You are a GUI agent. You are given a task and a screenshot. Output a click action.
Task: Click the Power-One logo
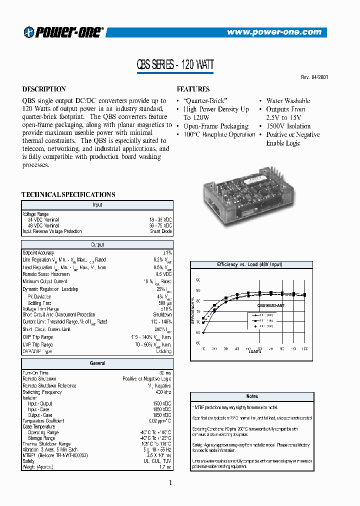[63, 31]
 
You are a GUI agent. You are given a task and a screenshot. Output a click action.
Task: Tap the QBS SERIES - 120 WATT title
[175, 64]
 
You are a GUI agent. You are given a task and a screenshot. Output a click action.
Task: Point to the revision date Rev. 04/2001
[314, 77]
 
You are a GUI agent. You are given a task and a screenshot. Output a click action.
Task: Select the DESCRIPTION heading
[44, 89]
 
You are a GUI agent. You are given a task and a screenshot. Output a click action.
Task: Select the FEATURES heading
[193, 89]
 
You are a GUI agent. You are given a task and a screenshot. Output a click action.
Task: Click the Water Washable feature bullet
[287, 100]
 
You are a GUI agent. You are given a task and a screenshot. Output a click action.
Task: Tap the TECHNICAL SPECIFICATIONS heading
[68, 194]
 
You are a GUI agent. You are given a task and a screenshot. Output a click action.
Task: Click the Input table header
[97, 204]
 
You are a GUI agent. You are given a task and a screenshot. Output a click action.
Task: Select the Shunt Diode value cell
[160, 231]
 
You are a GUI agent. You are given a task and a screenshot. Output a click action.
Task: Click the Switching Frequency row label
[42, 392]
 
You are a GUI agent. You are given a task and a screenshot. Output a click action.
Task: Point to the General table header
[97, 363]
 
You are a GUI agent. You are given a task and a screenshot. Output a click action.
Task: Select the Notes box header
[252, 396]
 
